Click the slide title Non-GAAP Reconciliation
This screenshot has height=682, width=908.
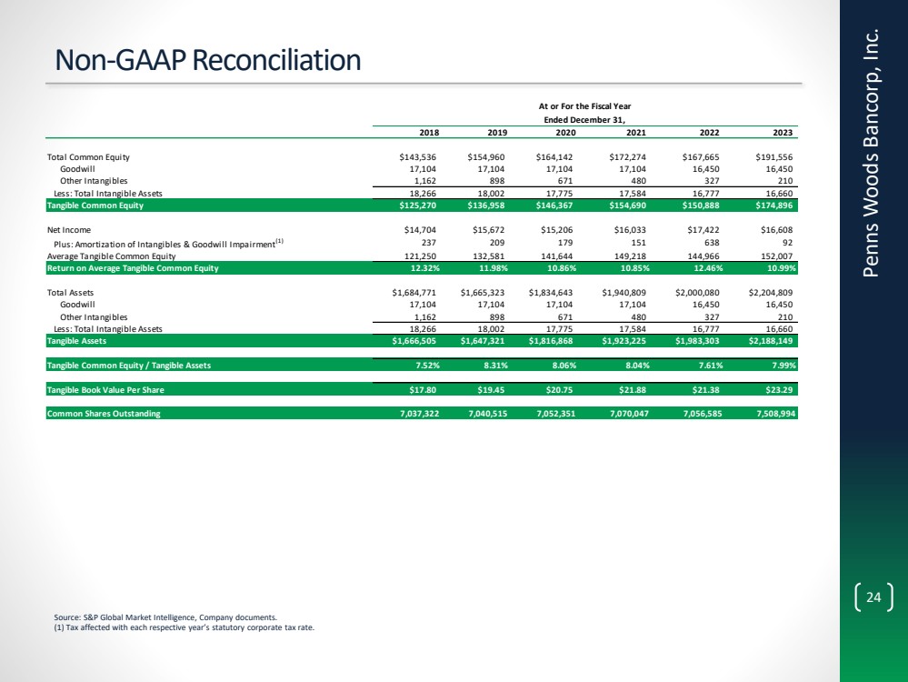(x=208, y=60)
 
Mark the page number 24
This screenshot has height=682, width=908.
(x=873, y=597)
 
